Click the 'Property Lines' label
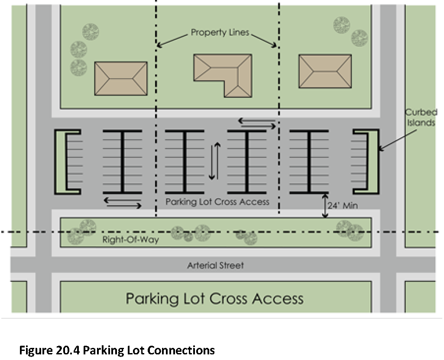(220, 32)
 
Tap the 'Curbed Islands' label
(421, 117)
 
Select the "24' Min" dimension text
(343, 205)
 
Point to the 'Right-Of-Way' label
(130, 240)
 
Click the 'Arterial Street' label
(215, 265)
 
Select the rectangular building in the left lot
(121, 79)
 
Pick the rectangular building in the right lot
(325, 71)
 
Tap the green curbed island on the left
(60, 162)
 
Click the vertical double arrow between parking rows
(215, 161)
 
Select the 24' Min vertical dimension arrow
(325, 206)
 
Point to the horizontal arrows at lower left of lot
(123, 203)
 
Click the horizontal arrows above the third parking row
(257, 123)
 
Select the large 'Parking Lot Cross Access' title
(215, 299)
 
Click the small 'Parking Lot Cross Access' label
(217, 202)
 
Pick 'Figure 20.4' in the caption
(50, 350)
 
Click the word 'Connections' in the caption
(181, 350)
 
